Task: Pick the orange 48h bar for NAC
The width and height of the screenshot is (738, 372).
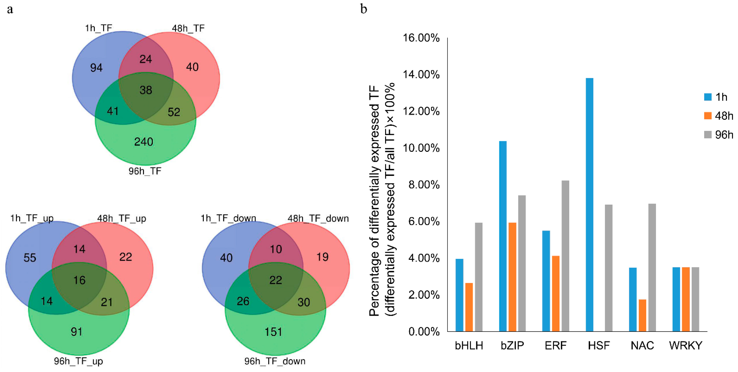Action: [x=642, y=315]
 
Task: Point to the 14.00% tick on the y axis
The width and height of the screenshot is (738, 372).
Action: [x=421, y=75]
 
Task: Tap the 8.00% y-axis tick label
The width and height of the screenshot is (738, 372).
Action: [x=424, y=185]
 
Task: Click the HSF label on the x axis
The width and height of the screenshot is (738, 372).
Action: [x=599, y=345]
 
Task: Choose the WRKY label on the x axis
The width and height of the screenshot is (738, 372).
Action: [x=686, y=345]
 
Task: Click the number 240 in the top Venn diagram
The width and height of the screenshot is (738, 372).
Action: [x=144, y=142]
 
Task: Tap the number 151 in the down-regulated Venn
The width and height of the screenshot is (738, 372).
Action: [x=273, y=332]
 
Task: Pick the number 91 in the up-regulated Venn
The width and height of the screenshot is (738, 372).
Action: [x=77, y=332]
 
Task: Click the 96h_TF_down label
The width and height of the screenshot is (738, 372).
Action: [x=275, y=361]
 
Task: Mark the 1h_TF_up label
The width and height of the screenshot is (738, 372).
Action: [x=32, y=218]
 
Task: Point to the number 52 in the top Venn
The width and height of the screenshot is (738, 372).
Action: [x=174, y=112]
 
